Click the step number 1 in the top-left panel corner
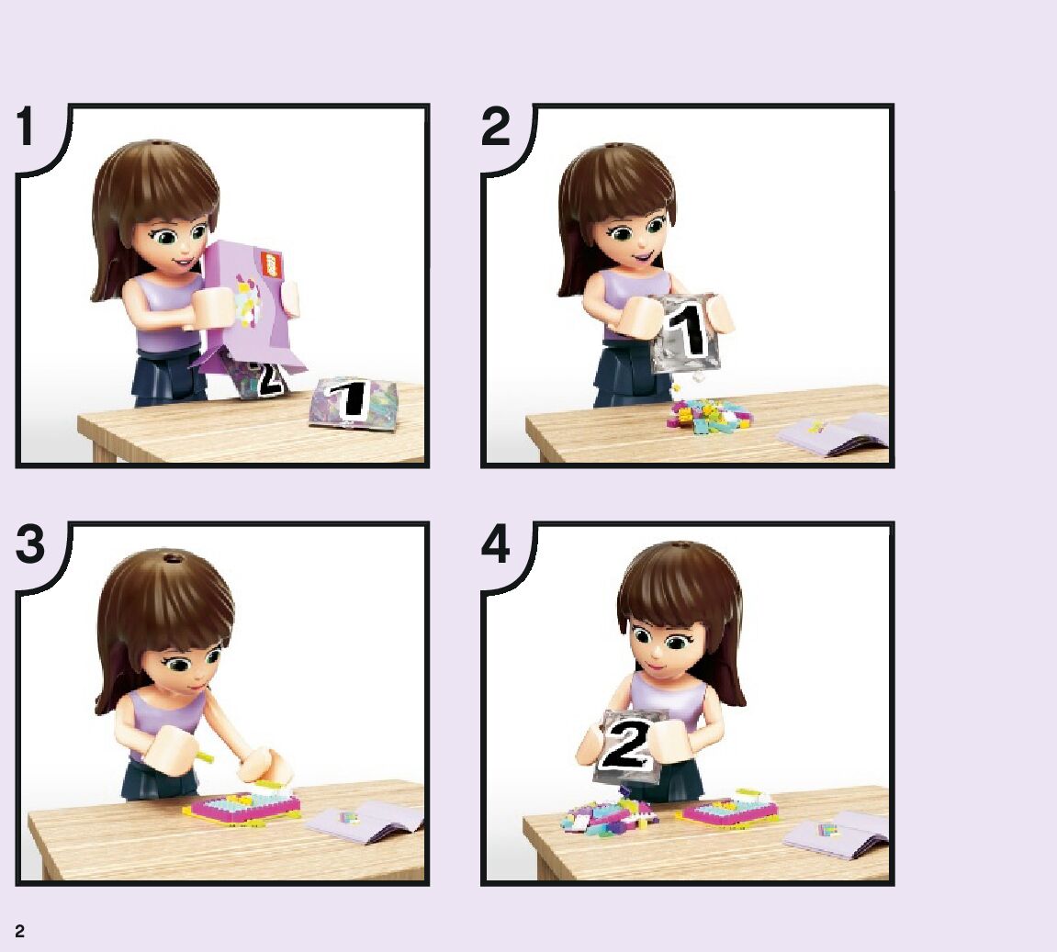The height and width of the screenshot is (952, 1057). point(26,127)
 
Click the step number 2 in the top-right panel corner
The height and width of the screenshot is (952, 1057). point(496,127)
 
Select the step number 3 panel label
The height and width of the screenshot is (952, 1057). point(30,544)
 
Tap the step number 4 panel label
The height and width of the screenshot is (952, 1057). point(496,544)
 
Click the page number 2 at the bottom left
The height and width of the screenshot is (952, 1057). point(19,931)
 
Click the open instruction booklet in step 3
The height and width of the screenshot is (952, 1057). point(364,821)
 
